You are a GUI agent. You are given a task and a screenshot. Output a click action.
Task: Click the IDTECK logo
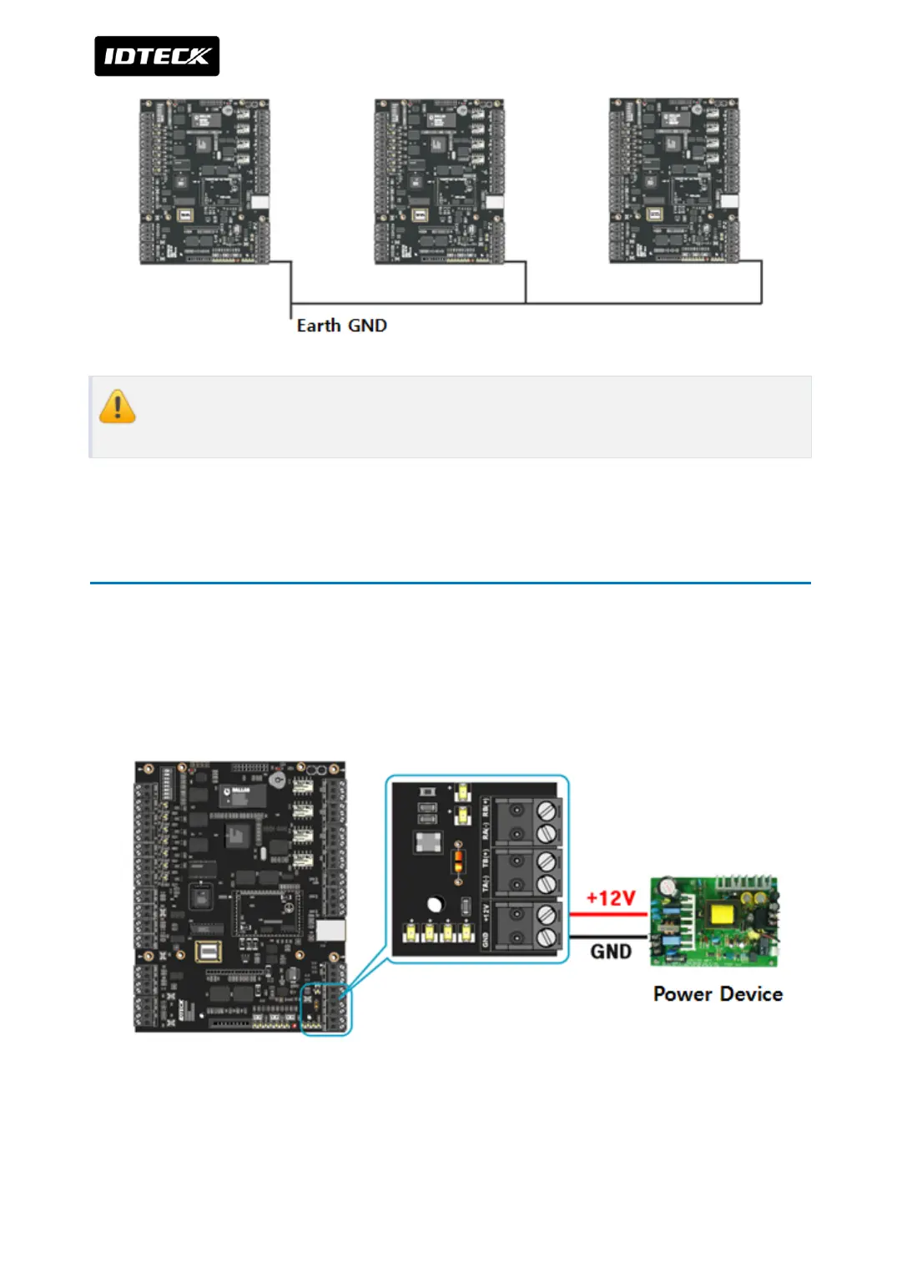pyautogui.click(x=157, y=56)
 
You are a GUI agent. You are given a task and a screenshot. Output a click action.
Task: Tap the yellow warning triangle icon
pyautogui.click(x=117, y=407)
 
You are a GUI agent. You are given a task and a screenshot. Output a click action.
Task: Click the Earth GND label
pyautogui.click(x=341, y=326)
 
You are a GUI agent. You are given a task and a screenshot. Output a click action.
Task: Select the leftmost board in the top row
pyautogui.click(x=204, y=181)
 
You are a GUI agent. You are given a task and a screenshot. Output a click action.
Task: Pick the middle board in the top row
pyautogui.click(x=439, y=181)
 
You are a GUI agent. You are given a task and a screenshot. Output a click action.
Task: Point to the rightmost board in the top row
pyautogui.click(x=674, y=181)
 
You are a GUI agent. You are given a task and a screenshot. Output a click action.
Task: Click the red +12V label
pyautogui.click(x=611, y=898)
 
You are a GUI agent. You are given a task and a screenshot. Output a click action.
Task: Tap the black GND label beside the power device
pyautogui.click(x=611, y=952)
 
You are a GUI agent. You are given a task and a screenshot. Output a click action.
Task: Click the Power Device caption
pyautogui.click(x=718, y=994)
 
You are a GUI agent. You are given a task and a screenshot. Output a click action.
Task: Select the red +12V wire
pyautogui.click(x=608, y=915)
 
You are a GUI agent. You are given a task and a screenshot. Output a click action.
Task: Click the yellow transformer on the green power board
pyautogui.click(x=723, y=915)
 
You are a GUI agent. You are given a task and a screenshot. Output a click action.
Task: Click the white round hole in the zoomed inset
pyautogui.click(x=435, y=905)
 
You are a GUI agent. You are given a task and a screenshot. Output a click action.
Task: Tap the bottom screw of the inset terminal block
pyautogui.click(x=547, y=937)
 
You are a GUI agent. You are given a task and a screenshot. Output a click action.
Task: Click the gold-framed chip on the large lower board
pyautogui.click(x=208, y=952)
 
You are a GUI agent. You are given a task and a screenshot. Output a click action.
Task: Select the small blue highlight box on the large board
pyautogui.click(x=325, y=1010)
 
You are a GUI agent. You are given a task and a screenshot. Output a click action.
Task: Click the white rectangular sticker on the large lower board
pyautogui.click(x=330, y=931)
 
